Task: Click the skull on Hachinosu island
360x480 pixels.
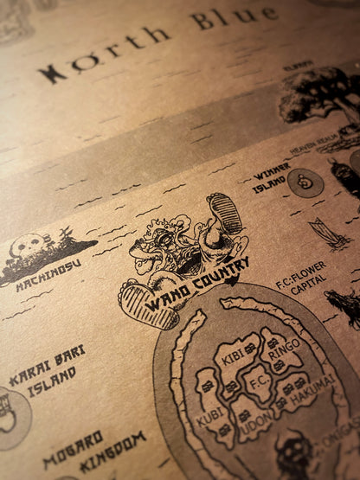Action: (29, 246)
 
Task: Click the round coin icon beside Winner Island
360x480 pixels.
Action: (305, 182)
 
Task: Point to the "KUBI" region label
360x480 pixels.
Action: (210, 418)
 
